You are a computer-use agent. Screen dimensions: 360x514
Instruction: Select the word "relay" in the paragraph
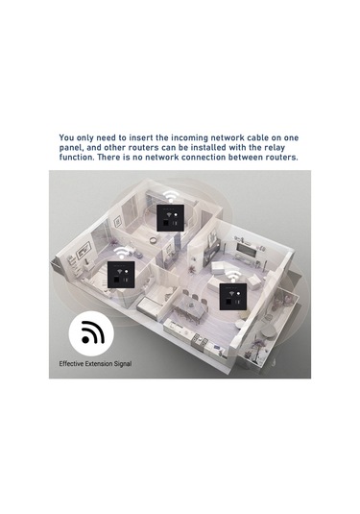tap(275, 148)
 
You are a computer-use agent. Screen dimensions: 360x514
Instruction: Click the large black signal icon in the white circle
tap(92, 332)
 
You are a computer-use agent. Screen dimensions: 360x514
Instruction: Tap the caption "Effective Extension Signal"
tap(95, 363)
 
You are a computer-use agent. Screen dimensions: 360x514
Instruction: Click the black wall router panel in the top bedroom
tap(169, 218)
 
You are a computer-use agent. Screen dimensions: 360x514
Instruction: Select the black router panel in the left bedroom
tap(122, 275)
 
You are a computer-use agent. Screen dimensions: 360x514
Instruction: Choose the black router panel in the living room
tap(233, 297)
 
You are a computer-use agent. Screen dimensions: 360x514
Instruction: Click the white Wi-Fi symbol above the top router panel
tap(170, 197)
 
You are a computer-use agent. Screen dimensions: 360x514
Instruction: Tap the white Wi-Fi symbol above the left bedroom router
tap(122, 254)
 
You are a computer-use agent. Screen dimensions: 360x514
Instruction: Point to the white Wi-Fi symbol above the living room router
tap(233, 277)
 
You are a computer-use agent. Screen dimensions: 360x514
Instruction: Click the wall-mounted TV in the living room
tap(247, 251)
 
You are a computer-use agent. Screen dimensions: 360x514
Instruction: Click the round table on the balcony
tap(269, 332)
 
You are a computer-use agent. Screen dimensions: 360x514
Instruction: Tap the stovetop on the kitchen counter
tap(201, 339)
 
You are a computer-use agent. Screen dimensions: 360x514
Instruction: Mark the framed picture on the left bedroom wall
tap(83, 251)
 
